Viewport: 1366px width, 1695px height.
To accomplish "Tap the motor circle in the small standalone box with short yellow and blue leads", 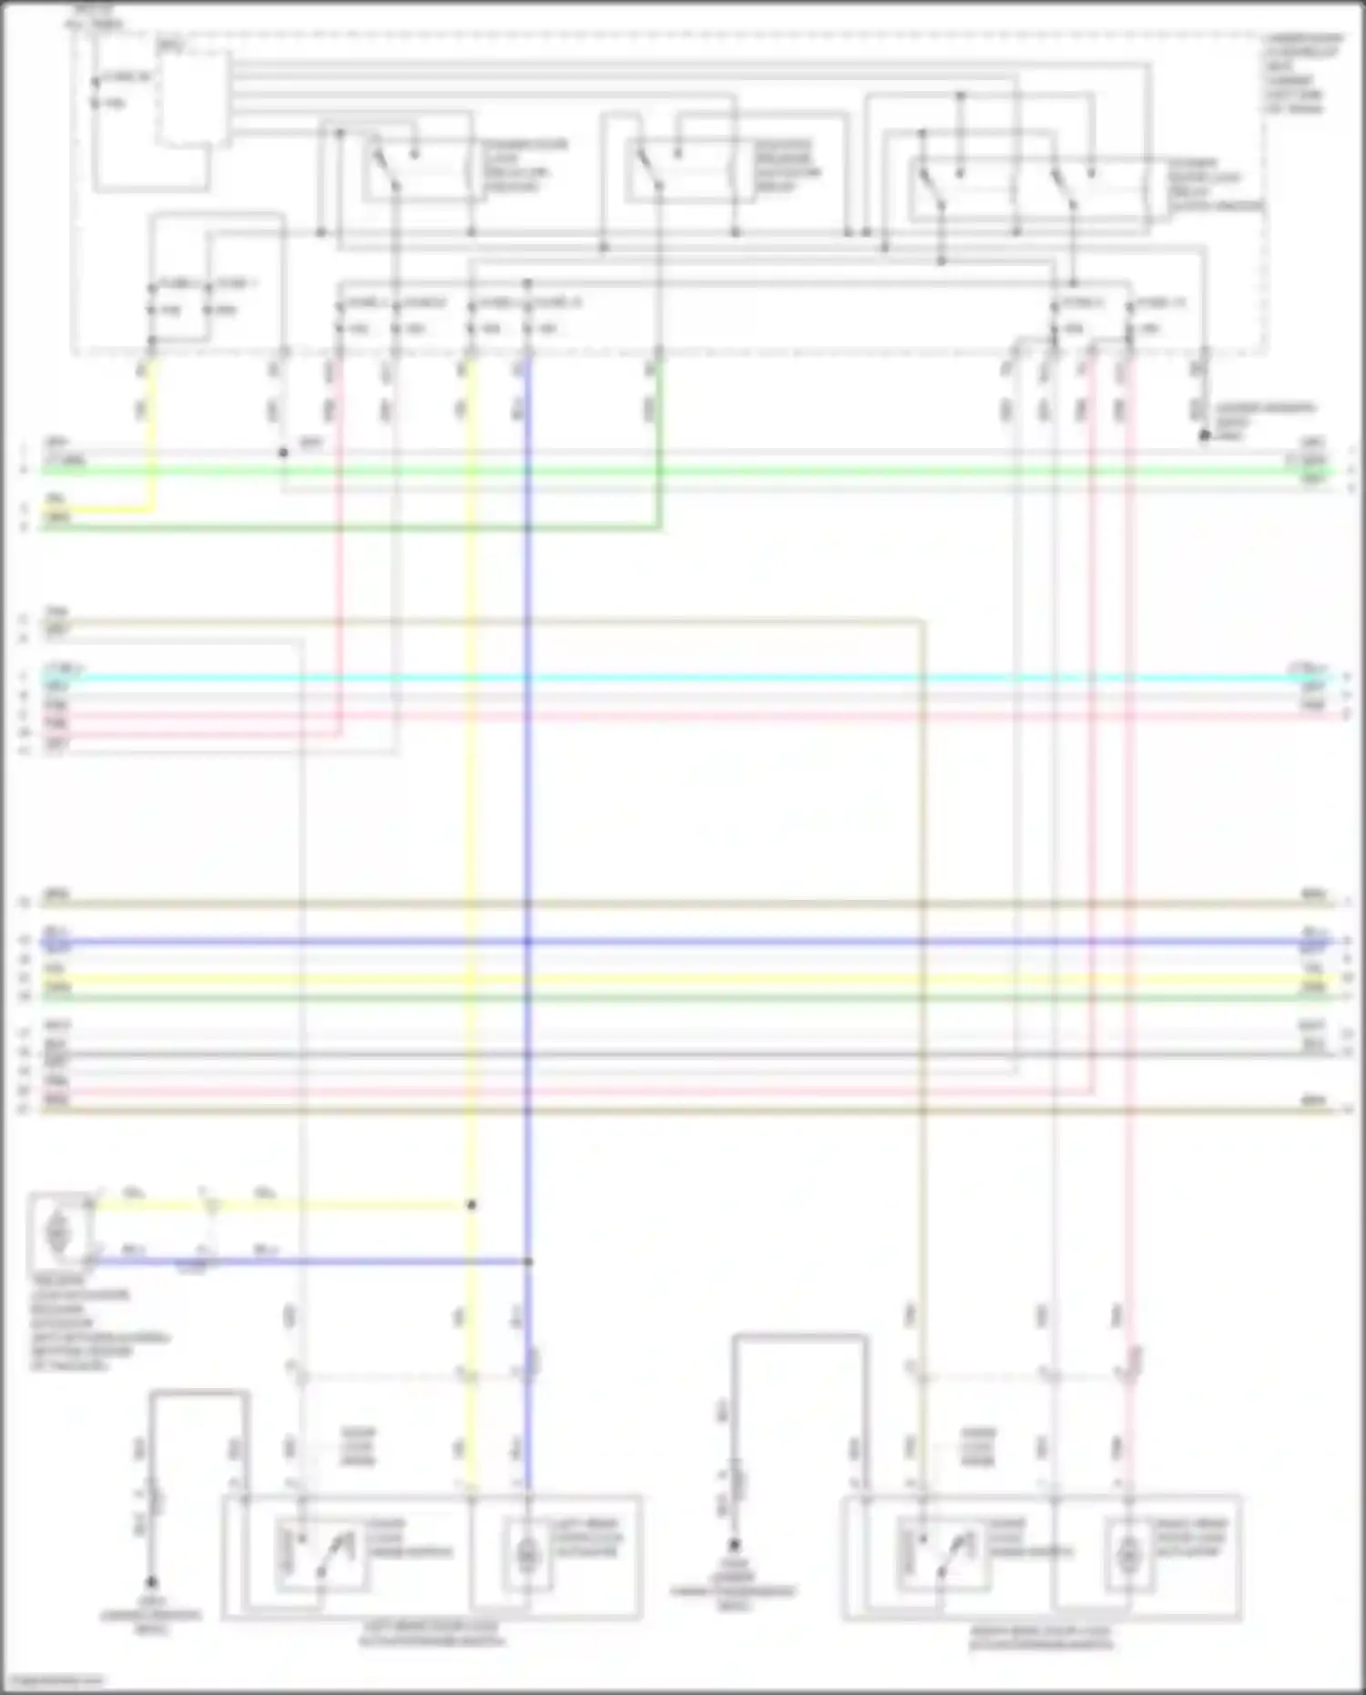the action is point(58,1234).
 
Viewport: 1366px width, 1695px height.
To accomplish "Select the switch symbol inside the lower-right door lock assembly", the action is point(943,1553).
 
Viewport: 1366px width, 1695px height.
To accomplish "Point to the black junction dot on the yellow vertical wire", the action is point(472,1205).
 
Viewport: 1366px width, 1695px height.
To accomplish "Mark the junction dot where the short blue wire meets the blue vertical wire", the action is point(528,1261).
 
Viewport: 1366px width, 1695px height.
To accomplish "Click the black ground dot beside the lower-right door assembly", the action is point(734,1545).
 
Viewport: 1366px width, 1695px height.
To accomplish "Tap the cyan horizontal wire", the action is point(683,679).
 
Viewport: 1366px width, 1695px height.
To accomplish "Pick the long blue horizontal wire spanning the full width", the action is point(683,941).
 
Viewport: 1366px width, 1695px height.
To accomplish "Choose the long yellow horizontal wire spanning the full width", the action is point(683,979).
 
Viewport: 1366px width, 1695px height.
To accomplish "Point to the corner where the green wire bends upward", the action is point(658,526).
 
